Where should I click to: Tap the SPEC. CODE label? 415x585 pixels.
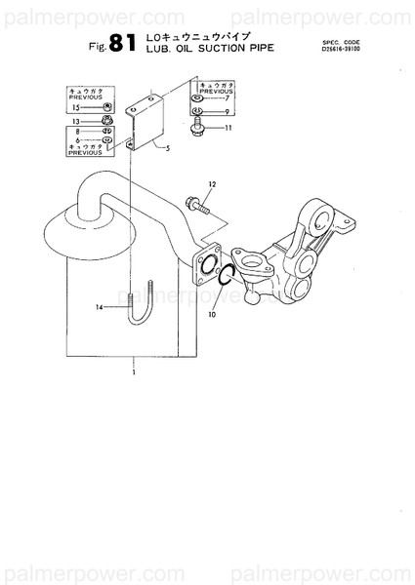tap(341, 42)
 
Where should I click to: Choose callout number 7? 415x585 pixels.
tap(227, 99)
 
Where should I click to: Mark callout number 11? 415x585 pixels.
tap(229, 128)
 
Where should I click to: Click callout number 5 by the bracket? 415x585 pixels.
tap(167, 148)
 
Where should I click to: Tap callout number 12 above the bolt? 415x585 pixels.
tap(210, 183)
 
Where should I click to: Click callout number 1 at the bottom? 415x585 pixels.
tap(134, 372)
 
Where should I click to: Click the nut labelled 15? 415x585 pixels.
tap(106, 106)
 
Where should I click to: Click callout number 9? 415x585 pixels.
tap(227, 113)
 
